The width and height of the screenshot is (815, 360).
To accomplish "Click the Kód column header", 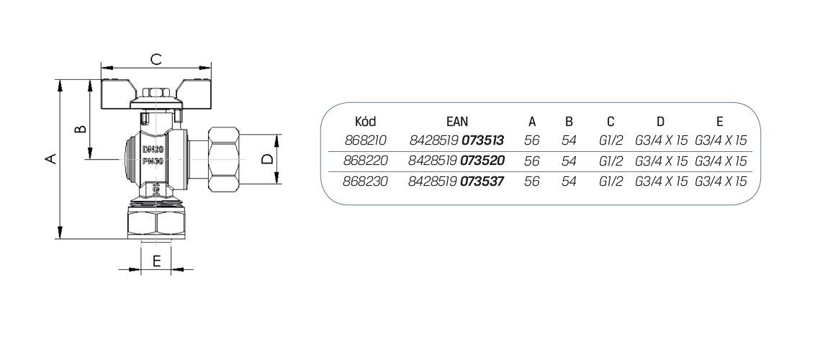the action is pos(365,122).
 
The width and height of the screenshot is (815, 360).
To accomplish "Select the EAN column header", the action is pos(457,122).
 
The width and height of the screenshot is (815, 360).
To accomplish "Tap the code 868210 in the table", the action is pos(366,140).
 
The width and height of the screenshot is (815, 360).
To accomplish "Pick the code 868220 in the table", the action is pos(366,161).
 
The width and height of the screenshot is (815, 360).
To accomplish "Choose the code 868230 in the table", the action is pos(366,182).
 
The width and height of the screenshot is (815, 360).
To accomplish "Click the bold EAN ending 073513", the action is pos(483,140).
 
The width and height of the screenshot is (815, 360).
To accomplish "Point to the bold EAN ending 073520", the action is pos(483,161).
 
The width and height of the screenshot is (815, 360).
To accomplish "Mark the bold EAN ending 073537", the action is pos(483,182).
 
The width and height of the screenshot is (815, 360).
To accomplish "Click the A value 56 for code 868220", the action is pos(532,161).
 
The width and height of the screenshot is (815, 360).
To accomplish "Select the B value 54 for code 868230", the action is pos(569,182).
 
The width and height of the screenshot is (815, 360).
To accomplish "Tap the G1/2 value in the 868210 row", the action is pos(611,140).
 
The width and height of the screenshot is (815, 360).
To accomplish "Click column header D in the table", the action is pos(660,122).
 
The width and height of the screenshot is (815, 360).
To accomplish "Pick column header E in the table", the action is pos(719,122).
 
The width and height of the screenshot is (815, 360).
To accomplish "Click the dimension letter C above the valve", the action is pos(156,59).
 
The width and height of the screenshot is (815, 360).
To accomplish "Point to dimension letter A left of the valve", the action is pos(50,158).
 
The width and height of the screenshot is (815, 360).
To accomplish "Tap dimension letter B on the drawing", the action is pos(80,127).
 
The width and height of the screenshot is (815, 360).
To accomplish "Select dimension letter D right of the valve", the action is pos(266,158).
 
